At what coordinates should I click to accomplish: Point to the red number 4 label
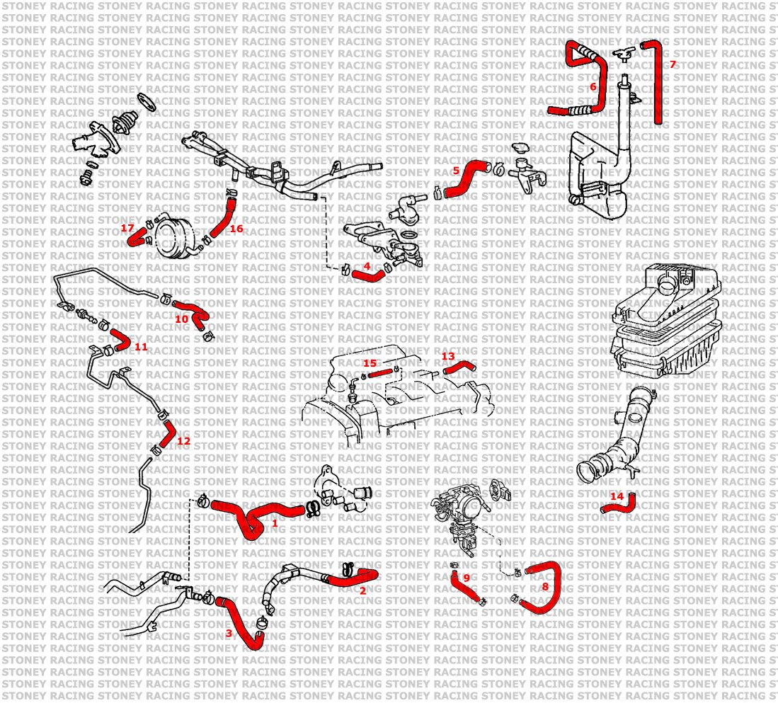367,266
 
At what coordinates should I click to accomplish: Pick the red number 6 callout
593,87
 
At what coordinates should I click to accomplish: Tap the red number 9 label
467,578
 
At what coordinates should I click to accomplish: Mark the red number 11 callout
141,347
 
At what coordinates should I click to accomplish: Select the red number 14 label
617,496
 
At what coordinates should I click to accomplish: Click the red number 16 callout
236,229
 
